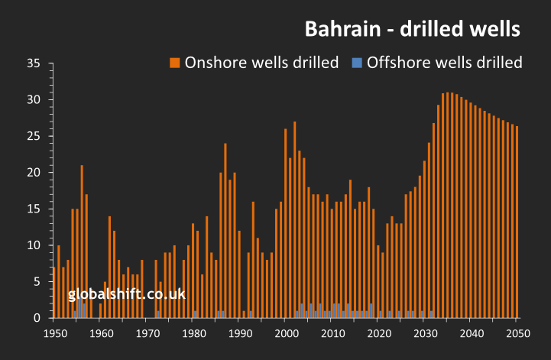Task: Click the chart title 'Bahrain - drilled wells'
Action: point(413,29)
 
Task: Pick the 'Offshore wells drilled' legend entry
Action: point(445,63)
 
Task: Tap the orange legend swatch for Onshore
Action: point(175,63)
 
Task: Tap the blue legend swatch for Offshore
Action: point(357,63)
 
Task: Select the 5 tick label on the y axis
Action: point(36,281)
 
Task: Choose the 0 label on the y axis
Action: point(36,318)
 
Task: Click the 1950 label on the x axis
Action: point(54,333)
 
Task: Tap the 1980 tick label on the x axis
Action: point(193,333)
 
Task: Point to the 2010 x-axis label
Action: point(332,333)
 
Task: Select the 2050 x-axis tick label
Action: point(517,333)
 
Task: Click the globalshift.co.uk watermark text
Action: point(127,294)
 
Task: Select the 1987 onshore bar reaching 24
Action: point(225,230)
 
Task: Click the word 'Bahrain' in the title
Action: point(336,29)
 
